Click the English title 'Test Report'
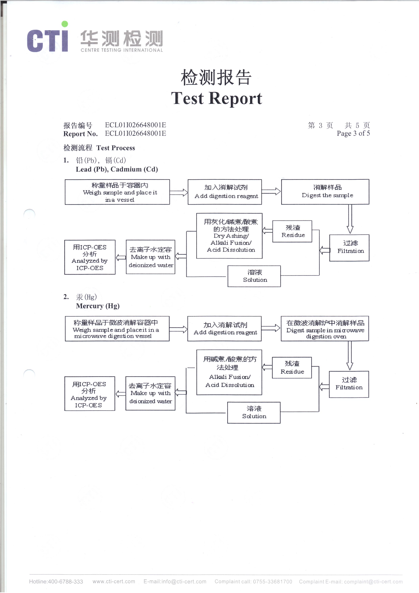pos(217,98)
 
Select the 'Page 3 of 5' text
pos(353,133)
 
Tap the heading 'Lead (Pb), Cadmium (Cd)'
pos(117,169)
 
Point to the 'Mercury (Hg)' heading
pos(98,306)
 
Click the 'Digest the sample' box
pos(325,192)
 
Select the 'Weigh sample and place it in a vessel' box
pos(117,192)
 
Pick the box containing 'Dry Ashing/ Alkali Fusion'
pos(229,236)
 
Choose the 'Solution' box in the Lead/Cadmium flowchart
pos(254,276)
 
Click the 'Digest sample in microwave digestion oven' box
pos(325,328)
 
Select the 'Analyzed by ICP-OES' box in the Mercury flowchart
pos(90,394)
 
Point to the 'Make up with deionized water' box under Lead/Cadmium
pos(151,257)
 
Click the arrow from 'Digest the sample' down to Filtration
pos(350,219)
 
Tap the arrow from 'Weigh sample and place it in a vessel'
pos(179,192)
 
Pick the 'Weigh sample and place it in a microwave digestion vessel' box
pos(117,328)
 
